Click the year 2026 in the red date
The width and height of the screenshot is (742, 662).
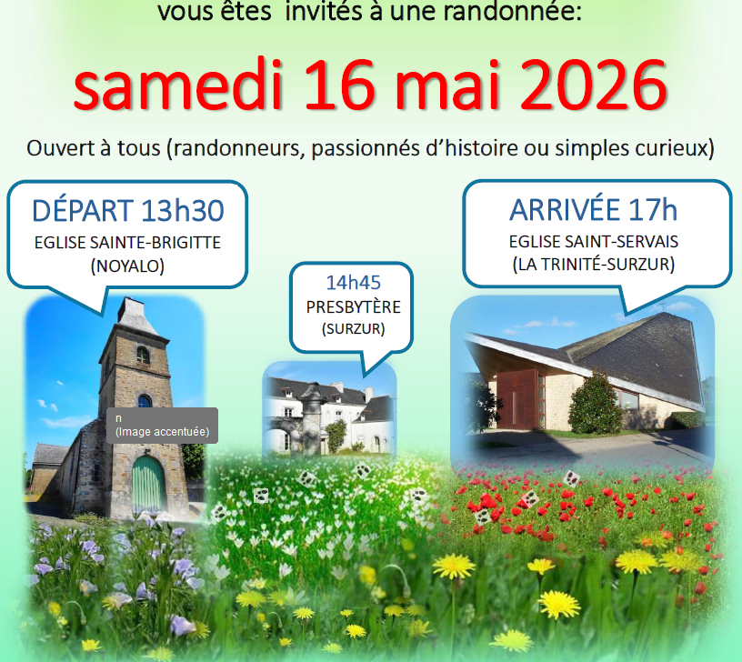pyautogui.click(x=594, y=85)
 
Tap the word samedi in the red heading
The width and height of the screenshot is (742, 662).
pyautogui.click(x=178, y=85)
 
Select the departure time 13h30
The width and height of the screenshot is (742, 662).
pyautogui.click(x=182, y=211)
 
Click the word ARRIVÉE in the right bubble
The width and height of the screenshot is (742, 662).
pyautogui.click(x=565, y=209)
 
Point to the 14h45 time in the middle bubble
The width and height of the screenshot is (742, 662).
pyautogui.click(x=354, y=283)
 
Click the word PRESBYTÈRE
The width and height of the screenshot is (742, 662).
pyautogui.click(x=354, y=307)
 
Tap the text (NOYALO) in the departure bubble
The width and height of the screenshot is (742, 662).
pyautogui.click(x=127, y=266)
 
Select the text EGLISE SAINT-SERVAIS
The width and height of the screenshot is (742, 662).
pyautogui.click(x=594, y=242)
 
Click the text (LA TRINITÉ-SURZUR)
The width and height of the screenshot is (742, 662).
pyautogui.click(x=594, y=264)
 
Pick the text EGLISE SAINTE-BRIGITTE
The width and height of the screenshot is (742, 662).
pyautogui.click(x=127, y=243)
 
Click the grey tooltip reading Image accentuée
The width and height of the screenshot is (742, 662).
pyautogui.click(x=162, y=426)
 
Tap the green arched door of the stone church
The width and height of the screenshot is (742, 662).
pyautogui.click(x=148, y=484)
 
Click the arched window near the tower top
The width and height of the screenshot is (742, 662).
pyautogui.click(x=143, y=355)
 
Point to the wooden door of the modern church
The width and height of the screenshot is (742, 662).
pyautogui.click(x=518, y=398)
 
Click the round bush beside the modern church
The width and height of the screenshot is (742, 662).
pyautogui.click(x=595, y=405)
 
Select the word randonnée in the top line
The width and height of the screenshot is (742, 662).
pyautogui.click(x=512, y=12)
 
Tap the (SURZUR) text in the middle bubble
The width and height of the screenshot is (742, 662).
pyautogui.click(x=354, y=329)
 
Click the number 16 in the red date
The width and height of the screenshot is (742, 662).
pyautogui.click(x=340, y=85)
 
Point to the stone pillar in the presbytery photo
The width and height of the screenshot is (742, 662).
pyautogui.click(x=312, y=419)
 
